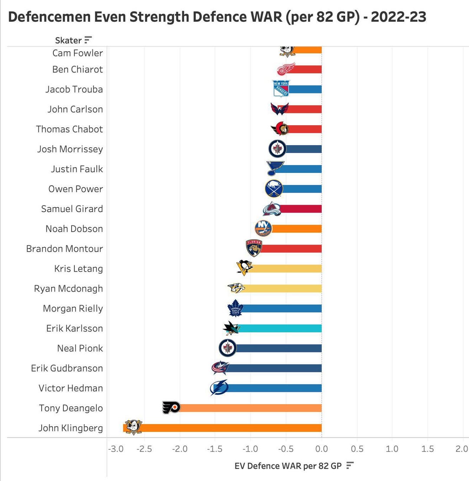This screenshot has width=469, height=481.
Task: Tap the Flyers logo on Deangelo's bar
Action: click(171, 408)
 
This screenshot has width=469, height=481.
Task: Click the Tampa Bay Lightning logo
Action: click(219, 388)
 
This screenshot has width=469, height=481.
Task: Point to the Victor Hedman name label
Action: click(71, 388)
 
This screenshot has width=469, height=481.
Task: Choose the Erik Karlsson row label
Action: click(75, 328)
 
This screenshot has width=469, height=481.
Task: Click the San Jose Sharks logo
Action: click(231, 328)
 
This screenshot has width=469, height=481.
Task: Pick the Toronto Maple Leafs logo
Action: click(235, 309)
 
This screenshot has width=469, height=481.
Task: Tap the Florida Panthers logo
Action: click(254, 248)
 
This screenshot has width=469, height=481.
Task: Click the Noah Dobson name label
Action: click(74, 229)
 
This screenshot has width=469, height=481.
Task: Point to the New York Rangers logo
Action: click(281, 89)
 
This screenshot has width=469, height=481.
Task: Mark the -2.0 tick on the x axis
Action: click(180, 449)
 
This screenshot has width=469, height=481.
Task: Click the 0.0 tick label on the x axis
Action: click(321, 449)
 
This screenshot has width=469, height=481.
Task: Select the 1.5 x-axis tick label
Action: click(428, 449)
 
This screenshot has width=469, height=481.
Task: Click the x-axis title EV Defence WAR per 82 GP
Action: click(288, 466)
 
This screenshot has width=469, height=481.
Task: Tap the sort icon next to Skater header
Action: click(88, 40)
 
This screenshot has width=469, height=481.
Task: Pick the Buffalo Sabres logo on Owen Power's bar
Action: click(274, 189)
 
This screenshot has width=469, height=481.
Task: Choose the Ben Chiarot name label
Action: click(78, 70)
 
